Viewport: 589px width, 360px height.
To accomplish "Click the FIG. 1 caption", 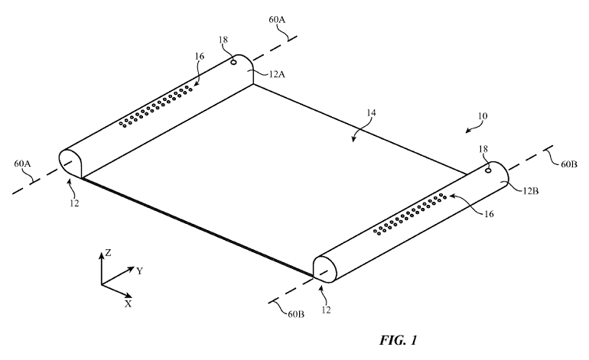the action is pyautogui.click(x=398, y=340).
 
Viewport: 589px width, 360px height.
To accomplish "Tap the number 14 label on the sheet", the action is pyautogui.click(x=371, y=112).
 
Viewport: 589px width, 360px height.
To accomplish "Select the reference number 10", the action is pyautogui.click(x=483, y=115).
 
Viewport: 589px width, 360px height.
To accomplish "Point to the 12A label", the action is pyautogui.click(x=277, y=74).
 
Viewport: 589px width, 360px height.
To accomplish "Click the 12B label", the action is pyautogui.click(x=530, y=191).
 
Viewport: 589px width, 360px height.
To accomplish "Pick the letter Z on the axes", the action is pyautogui.click(x=108, y=253).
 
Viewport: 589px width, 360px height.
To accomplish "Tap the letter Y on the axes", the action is pyautogui.click(x=140, y=271).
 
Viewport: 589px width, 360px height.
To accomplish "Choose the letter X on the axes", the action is pyautogui.click(x=129, y=303).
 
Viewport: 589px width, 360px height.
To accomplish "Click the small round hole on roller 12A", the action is pyautogui.click(x=233, y=62).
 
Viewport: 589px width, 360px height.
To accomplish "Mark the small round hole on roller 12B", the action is pyautogui.click(x=488, y=170).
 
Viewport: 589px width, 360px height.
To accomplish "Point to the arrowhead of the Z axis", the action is pyautogui.click(x=101, y=255).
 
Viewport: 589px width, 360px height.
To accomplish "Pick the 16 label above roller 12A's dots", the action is pyautogui.click(x=200, y=57).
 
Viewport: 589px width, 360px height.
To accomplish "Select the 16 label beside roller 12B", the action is pyautogui.click(x=489, y=214).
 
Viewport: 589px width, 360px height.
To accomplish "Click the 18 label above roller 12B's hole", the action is pyautogui.click(x=483, y=149).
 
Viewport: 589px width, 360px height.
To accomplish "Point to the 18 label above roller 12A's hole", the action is pyautogui.click(x=223, y=40).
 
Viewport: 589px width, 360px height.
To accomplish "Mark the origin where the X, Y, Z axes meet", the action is pyautogui.click(x=101, y=284).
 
